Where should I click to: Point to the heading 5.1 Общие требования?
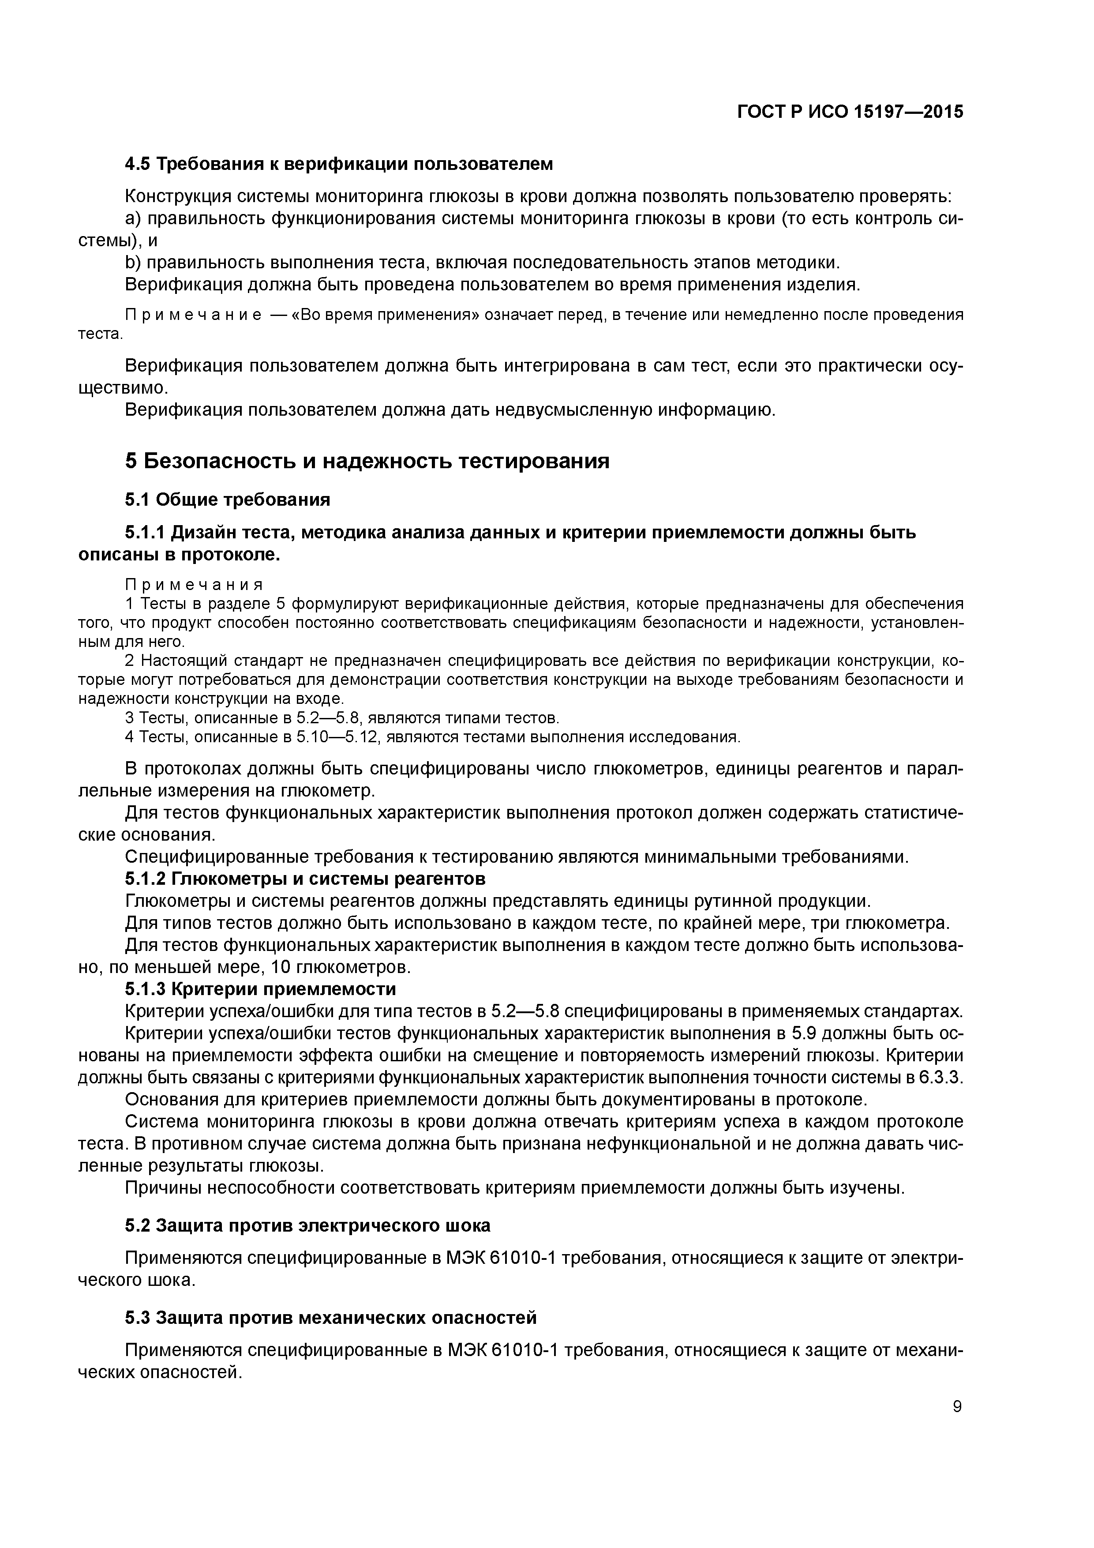click(227, 500)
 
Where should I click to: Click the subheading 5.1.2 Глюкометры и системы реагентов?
click(305, 879)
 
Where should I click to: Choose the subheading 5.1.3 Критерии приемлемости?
click(260, 989)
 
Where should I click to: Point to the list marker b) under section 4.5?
click(133, 262)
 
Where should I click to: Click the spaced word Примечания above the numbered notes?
click(194, 584)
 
